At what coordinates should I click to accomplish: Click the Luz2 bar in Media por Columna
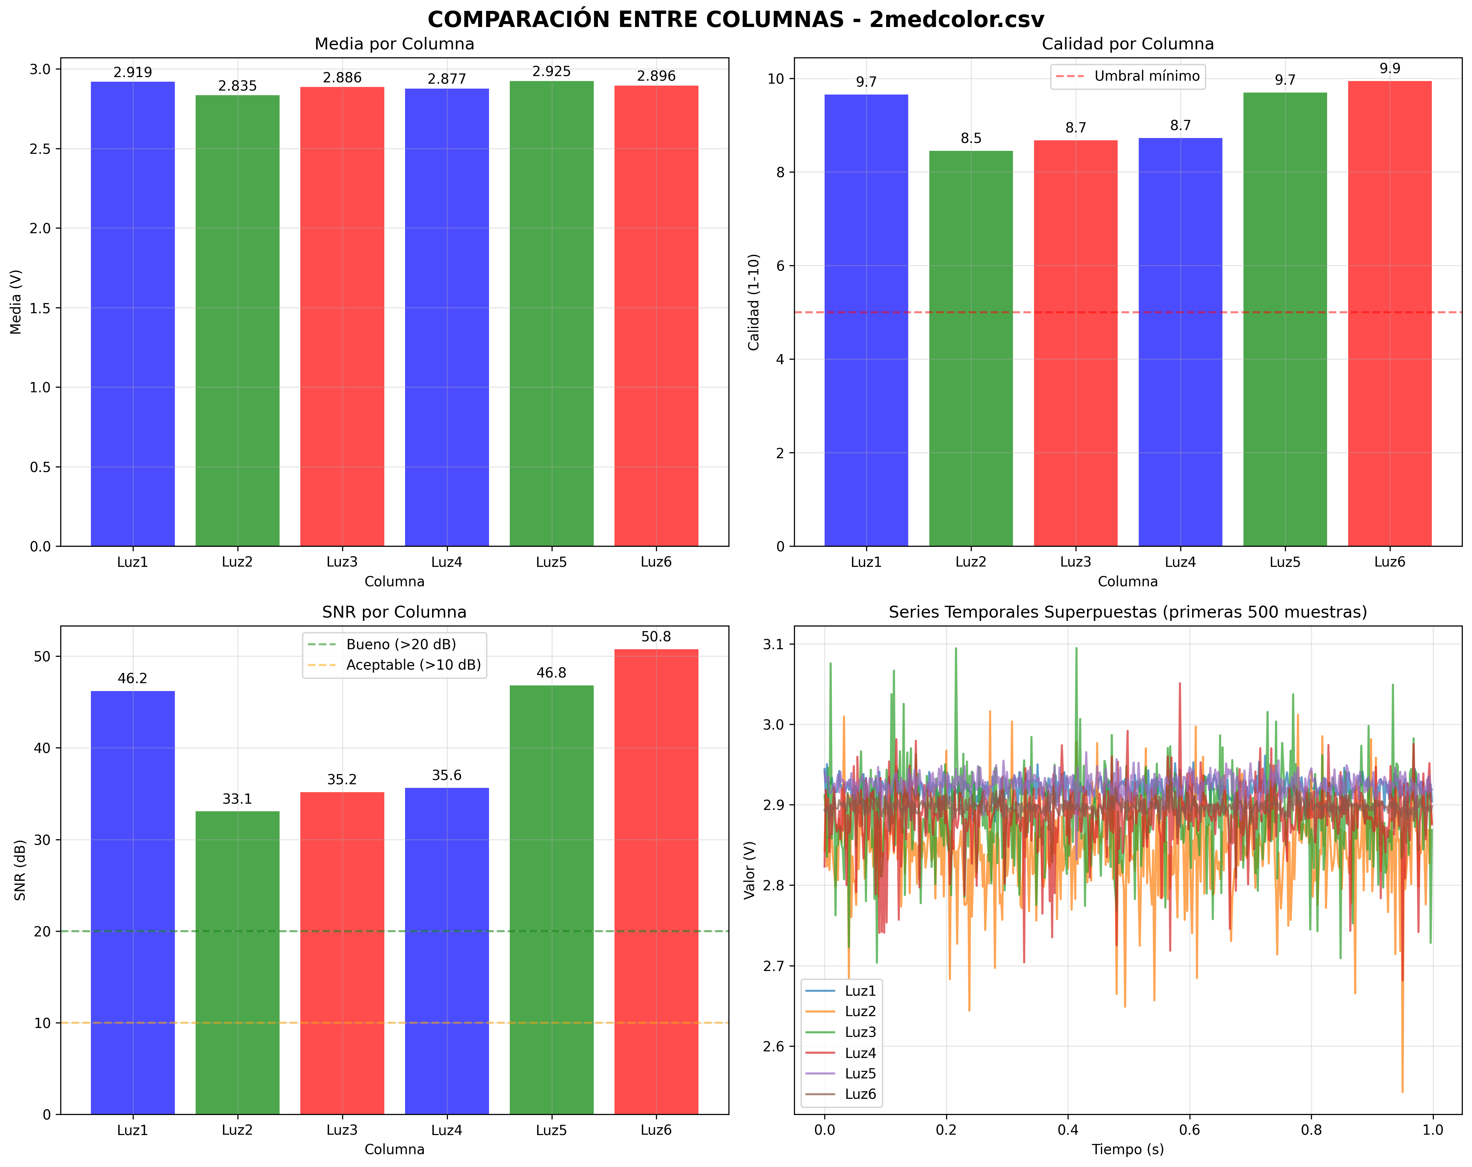tap(238, 321)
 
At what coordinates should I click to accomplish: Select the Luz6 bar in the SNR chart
tap(656, 881)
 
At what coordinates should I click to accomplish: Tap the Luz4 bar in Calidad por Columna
tap(1181, 342)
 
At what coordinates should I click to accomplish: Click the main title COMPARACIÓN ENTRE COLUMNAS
tap(735, 19)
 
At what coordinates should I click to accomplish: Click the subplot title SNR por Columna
tap(395, 612)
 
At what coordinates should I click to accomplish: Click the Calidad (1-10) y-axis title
tap(754, 302)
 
